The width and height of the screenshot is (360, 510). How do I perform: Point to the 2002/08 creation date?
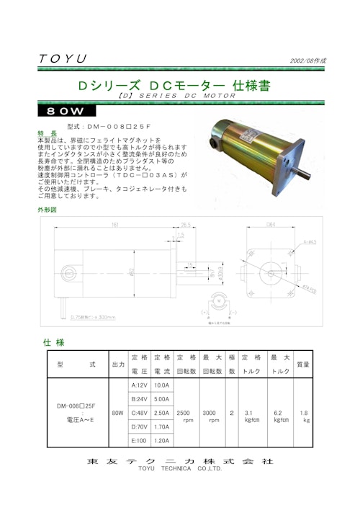pyautogui.click(x=307, y=61)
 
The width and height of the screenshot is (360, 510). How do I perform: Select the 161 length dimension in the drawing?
pyautogui.click(x=115, y=225)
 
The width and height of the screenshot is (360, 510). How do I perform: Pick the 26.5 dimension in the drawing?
pyautogui.click(x=185, y=225)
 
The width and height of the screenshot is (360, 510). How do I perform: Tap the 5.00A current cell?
pyautogui.click(x=162, y=398)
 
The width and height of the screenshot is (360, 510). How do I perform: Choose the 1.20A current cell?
pyautogui.click(x=162, y=440)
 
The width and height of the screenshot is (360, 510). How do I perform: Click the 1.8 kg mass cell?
pyautogui.click(x=305, y=416)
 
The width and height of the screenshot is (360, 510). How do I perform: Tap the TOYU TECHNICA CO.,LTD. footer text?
pyautogui.click(x=180, y=469)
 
